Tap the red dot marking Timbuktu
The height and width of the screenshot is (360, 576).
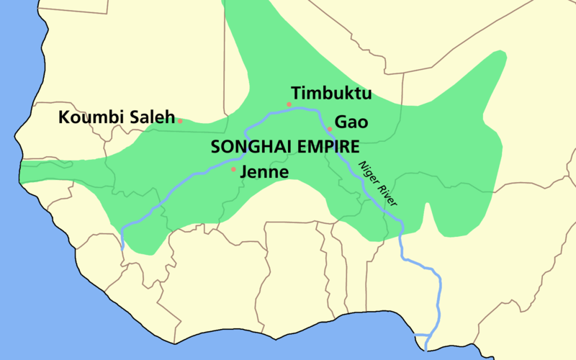pos(289,104)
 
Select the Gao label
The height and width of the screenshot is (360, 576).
pos(351,122)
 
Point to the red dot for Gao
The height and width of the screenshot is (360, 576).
pos(330,130)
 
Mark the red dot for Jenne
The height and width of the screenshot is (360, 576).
pos(233,170)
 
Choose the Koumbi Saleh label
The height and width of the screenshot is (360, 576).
pos(116,117)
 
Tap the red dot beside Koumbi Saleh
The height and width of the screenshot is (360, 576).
pos(180,121)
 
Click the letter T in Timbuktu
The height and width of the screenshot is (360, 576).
pos(296,94)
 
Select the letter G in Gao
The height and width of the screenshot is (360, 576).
pos(341,122)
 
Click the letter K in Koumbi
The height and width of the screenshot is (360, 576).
pos(63,117)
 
